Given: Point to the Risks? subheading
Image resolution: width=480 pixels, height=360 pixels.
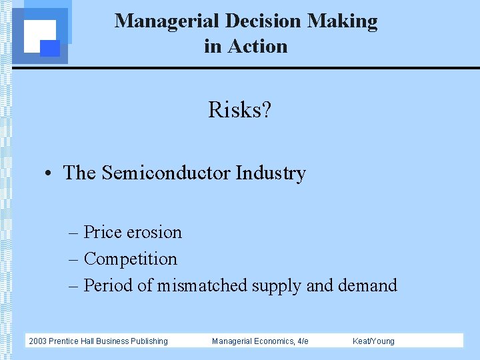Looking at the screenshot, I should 240,109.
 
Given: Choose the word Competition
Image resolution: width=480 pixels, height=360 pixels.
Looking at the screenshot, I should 131,259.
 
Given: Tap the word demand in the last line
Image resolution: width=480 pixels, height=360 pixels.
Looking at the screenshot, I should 367,286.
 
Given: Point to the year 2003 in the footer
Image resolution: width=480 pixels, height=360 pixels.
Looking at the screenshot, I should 37,341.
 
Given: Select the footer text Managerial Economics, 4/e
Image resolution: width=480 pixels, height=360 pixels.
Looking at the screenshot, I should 260,341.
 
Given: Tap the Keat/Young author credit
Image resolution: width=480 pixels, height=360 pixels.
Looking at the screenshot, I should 373,341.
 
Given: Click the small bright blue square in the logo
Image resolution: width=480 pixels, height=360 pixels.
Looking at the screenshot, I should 50,48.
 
